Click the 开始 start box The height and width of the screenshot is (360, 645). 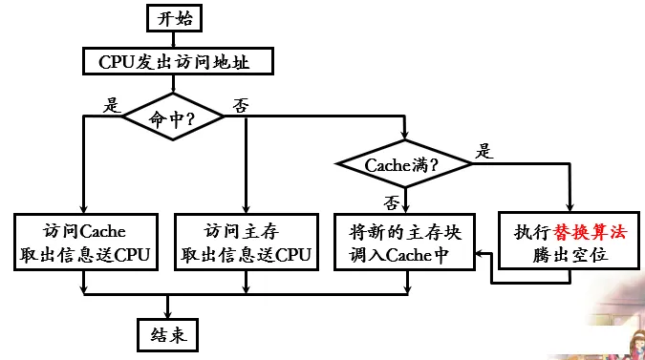pos(175,18)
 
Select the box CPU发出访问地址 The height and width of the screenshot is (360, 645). pos(178,61)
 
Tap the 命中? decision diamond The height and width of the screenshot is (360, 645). pos(173,117)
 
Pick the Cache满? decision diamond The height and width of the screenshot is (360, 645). pos(404,164)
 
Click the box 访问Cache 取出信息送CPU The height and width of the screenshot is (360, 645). pos(86,242)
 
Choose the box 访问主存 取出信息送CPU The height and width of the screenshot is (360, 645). pos(247,242)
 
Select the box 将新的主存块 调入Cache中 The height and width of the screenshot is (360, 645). pos(405,242)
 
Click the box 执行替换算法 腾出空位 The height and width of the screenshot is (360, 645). pos(570,241)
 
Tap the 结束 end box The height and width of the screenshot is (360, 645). pos(168,335)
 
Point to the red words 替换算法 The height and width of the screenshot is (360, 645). pos(590,233)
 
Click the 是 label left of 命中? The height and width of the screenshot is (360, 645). pos(112,105)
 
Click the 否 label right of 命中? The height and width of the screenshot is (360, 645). pos(241,106)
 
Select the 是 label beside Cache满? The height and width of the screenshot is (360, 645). pos(484,151)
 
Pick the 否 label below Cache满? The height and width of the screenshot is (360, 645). pos(392,203)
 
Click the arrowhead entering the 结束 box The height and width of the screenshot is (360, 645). pos(167,313)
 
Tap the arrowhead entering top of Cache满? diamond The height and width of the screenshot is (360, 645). pos(405,135)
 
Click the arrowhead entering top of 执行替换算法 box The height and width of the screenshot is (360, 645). pos(570,206)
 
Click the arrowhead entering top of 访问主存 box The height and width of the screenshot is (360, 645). pos(246,208)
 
